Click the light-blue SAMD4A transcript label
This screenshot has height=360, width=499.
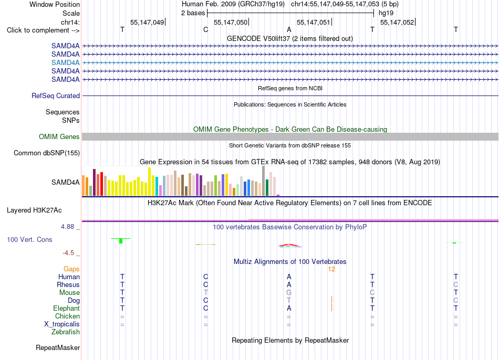pos(65,62)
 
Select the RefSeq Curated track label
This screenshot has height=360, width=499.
pos(56,96)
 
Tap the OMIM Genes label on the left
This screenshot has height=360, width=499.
pos(59,137)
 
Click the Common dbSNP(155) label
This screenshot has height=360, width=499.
pos(47,153)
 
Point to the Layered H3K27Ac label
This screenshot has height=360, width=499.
pos(34,210)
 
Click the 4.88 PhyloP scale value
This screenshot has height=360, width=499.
pos(67,227)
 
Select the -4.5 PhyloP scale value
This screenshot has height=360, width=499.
pos(68,253)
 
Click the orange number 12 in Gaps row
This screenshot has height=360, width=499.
pos(331,269)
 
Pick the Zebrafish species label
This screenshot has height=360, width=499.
pos(66,332)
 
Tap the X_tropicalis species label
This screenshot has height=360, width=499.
pos(62,324)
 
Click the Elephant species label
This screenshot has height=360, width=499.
pos(67,309)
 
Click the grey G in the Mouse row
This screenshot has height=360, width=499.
pos(289,293)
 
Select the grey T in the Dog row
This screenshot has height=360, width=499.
pos(289,301)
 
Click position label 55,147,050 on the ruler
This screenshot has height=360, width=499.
pos(231,22)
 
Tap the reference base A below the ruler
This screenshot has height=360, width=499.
pos(289,29)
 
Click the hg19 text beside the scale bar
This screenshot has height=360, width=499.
pos(386,13)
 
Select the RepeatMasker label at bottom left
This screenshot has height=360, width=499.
pos(58,348)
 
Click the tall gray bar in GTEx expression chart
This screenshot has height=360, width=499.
pos(264,181)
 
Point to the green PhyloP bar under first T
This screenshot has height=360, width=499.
pos(121,241)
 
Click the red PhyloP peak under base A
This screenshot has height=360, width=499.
pos(289,245)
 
